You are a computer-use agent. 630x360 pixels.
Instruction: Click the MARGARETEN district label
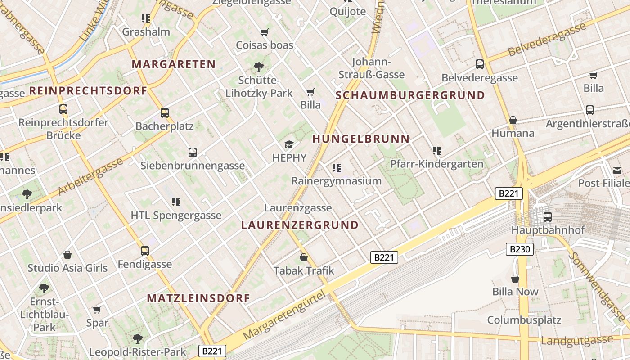(x=174, y=64)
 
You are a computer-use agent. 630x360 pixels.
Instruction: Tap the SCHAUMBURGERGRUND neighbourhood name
(x=410, y=95)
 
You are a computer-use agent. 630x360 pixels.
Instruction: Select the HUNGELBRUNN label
(x=361, y=139)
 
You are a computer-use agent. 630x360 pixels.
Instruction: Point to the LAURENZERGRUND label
(x=300, y=225)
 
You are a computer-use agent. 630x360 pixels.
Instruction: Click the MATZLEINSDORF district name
(x=198, y=298)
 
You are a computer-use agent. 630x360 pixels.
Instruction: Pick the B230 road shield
(x=520, y=249)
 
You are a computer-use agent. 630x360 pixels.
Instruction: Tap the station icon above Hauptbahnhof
(x=548, y=217)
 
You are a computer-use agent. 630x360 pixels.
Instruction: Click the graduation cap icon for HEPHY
(x=289, y=144)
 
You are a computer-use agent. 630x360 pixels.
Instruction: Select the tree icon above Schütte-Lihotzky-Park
(x=259, y=67)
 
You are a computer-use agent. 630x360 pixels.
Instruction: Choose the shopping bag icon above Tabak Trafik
(x=304, y=257)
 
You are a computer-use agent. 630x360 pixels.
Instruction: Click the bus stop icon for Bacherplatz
(x=165, y=113)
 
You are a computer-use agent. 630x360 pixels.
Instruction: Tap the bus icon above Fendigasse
(x=144, y=251)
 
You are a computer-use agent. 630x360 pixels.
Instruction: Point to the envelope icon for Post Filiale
(x=617, y=170)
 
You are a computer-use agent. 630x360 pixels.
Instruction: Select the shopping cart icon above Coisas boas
(x=265, y=32)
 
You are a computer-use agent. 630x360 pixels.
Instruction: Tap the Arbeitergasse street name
(x=90, y=176)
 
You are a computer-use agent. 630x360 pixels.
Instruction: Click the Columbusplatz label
(x=524, y=320)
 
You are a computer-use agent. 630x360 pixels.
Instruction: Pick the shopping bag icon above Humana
(x=513, y=120)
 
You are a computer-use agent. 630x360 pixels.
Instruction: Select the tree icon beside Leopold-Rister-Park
(x=137, y=338)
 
